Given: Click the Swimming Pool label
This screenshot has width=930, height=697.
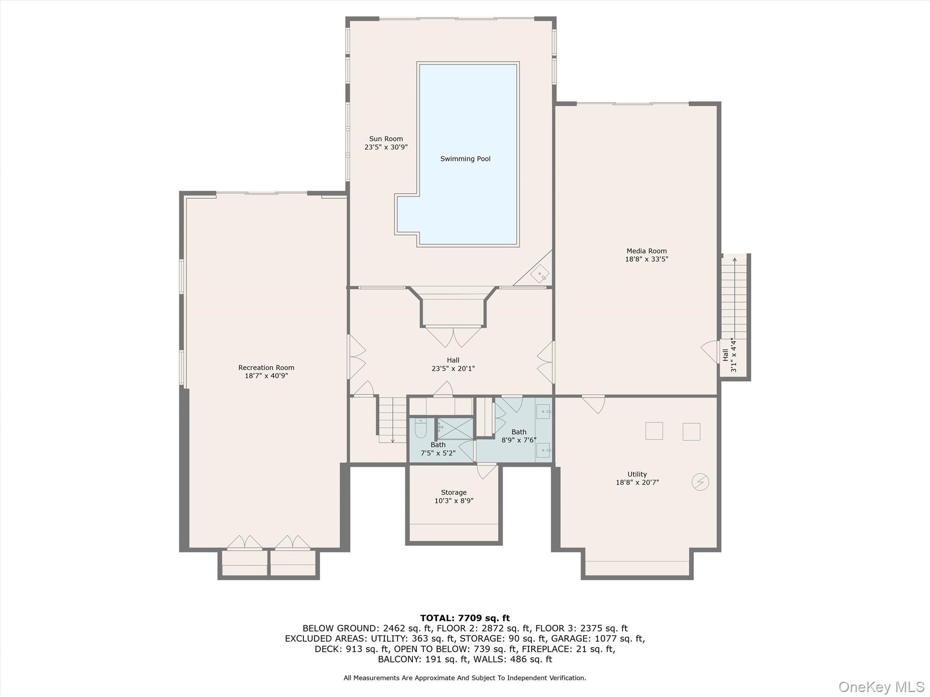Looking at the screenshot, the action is point(465,159).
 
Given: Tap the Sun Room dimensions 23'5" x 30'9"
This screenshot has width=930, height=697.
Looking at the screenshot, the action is point(386,147).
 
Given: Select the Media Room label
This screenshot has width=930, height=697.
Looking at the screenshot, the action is point(647,251).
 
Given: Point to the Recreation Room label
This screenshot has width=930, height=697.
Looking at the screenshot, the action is point(266,368).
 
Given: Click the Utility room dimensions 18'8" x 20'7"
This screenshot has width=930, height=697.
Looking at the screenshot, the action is point(637,482).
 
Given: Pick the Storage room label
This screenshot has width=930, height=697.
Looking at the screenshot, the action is point(454,492).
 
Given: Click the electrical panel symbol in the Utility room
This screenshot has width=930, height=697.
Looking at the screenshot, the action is point(700,482).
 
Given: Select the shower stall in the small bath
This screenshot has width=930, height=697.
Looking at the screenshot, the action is point(455,429).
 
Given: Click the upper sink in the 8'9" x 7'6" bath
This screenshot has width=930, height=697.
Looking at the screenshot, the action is point(543,412).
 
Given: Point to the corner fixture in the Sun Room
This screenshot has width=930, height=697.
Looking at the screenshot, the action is point(540,274).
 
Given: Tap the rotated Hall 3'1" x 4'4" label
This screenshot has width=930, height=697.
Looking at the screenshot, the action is point(729,354).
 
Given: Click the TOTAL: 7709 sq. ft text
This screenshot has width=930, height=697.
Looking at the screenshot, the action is point(465,618).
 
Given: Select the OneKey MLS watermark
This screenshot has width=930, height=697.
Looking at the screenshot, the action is point(881,687).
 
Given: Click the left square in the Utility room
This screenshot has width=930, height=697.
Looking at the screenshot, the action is point(654,431).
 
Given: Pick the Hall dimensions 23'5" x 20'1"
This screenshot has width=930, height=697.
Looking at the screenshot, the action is point(453,368).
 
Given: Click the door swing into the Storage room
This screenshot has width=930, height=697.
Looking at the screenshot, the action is point(486,471).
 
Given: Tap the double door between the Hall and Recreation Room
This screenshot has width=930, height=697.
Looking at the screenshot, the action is point(357,357).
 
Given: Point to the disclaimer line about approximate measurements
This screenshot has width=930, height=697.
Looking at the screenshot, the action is point(465,678).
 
